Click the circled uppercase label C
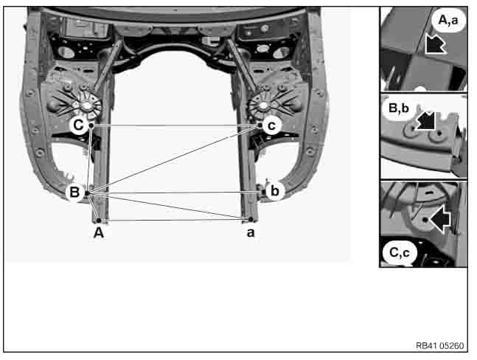[78, 125]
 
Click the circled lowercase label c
[271, 125]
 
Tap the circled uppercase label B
[75, 192]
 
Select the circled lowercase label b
[274, 191]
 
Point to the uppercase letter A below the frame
[99, 233]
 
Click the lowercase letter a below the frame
[251, 233]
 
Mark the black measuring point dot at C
[91, 125]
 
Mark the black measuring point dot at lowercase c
[260, 125]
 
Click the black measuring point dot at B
[87, 193]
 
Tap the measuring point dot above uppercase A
[99, 221]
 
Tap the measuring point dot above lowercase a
[251, 219]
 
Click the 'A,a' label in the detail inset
[448, 21]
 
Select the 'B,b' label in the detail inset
[399, 108]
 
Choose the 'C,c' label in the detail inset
[399, 252]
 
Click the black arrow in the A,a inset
[435, 44]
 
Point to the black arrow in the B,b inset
[426, 120]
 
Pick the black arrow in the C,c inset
[440, 219]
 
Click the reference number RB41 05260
[439, 346]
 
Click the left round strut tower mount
[87, 105]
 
